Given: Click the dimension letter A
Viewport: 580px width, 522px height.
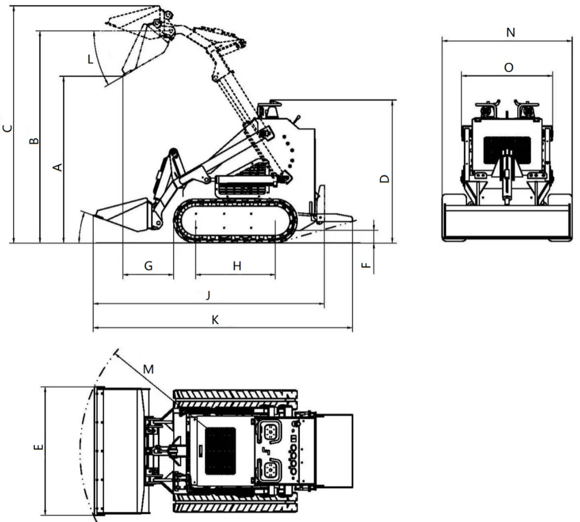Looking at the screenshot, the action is coord(58,167).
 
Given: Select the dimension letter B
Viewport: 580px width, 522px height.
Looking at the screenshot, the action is coord(34,140).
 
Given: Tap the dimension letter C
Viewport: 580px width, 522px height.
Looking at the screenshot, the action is coord(7,129).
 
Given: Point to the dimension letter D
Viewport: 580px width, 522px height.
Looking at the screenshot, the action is coord(385,179).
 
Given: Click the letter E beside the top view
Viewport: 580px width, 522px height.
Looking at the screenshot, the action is coord(38,447).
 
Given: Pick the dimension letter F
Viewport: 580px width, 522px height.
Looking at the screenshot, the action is coord(366,265).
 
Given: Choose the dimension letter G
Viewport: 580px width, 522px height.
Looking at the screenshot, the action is coord(148,266).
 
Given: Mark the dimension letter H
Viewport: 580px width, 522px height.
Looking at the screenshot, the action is coord(237,266).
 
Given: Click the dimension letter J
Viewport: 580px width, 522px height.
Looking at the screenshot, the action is coord(208,295).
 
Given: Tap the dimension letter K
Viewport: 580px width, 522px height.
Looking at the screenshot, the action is coord(215,320).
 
